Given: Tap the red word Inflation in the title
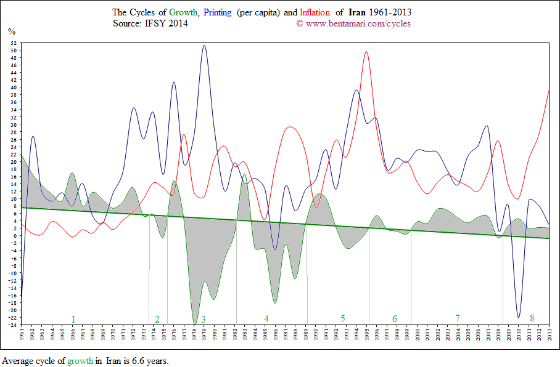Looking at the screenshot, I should pyautogui.click(x=316, y=12).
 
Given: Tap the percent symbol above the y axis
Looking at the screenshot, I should pyautogui.click(x=11, y=31).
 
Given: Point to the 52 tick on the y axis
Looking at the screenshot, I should pyautogui.click(x=13, y=42).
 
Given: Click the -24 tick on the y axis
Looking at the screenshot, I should pyautogui.click(x=12, y=325).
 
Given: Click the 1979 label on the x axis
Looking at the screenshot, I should pyautogui.click(x=204, y=336).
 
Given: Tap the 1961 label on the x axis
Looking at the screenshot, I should pyautogui.click(x=22, y=336).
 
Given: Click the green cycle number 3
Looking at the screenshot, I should pyautogui.click(x=203, y=319).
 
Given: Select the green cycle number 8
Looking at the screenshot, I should pyautogui.click(x=532, y=318).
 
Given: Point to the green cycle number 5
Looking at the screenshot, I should pyautogui.click(x=342, y=318).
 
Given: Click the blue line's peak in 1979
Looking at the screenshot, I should pyautogui.click(x=204, y=46).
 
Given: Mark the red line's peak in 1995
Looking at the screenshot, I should pyautogui.click(x=367, y=52).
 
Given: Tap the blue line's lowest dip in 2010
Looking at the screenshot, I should pyautogui.click(x=519, y=318).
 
